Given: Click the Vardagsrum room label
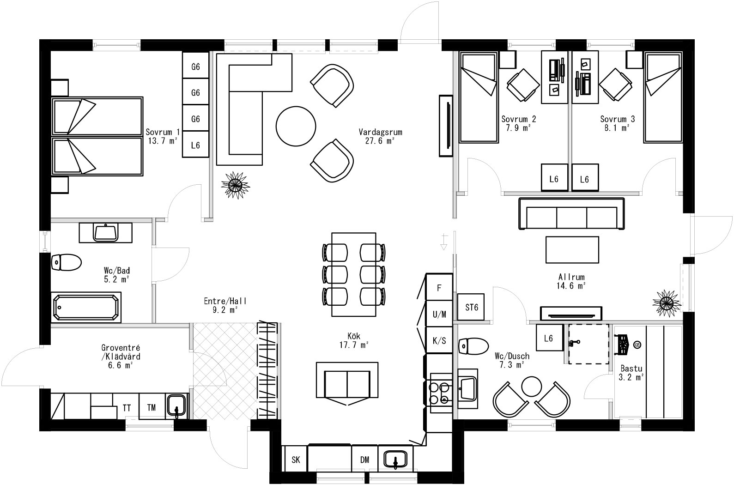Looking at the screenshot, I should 380,132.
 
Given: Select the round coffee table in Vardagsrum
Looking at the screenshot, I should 296,126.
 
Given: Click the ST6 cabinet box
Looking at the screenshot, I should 471,307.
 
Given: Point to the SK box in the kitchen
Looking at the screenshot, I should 296,460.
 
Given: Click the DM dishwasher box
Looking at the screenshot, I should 365,460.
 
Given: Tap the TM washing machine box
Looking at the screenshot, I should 152,407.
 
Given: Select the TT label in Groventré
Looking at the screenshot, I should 127,408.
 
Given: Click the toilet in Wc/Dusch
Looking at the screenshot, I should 473,346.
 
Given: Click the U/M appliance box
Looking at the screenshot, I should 439,315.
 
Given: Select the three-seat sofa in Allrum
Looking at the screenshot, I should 571,213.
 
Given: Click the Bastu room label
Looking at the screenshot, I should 631,369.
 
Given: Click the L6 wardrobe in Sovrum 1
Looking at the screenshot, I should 195,145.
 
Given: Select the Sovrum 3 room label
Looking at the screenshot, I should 617,119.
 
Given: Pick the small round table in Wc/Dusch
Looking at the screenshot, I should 531,386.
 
